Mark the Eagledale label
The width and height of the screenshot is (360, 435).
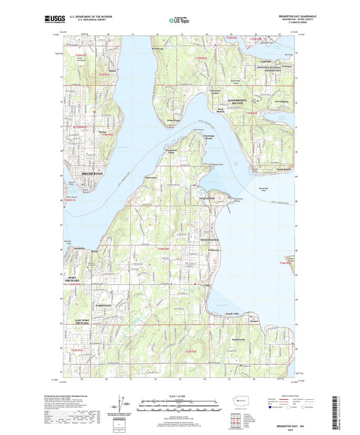[266, 61]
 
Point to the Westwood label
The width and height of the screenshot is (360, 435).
[178, 50]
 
